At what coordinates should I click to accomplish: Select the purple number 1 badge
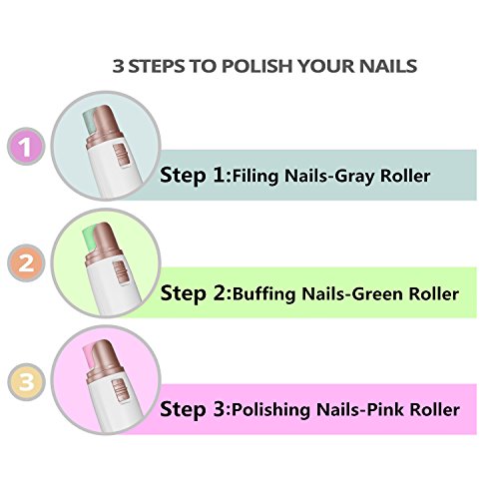[29, 150]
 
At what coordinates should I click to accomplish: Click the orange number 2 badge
[29, 264]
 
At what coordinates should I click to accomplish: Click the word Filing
[254, 177]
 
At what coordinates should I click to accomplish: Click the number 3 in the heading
[119, 67]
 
